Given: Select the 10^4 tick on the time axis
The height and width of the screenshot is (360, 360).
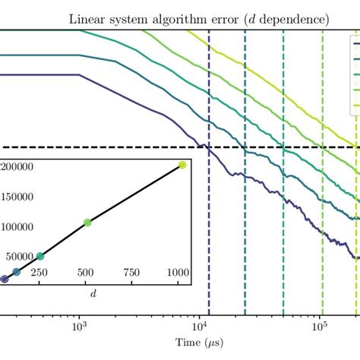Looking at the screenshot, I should click(x=198, y=325).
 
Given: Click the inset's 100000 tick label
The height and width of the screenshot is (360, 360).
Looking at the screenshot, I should click(x=22, y=226).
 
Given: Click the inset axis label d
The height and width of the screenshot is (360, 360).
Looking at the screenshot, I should click(x=93, y=289).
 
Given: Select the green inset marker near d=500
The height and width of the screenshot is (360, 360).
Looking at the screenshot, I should click(x=87, y=223).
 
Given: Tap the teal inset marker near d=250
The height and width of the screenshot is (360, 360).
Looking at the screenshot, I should click(x=40, y=256).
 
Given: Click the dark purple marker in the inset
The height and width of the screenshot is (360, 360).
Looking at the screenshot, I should click(x=5, y=279).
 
